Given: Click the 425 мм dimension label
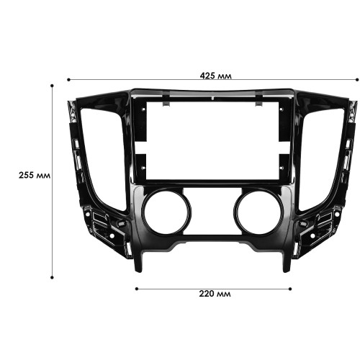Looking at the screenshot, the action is pyautogui.click(x=216, y=76).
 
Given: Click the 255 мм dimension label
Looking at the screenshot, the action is pyautogui.click(x=35, y=176).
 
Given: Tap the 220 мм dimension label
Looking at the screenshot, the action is pyautogui.click(x=215, y=294).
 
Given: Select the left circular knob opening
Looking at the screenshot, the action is pyautogui.click(x=166, y=212).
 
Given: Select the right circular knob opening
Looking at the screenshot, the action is pyautogui.click(x=258, y=212).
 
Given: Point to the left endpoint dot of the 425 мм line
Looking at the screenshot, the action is pyautogui.click(x=68, y=80).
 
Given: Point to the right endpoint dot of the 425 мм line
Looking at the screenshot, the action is pyautogui.click(x=357, y=80).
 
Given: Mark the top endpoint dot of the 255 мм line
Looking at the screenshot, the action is pyautogui.click(x=52, y=86).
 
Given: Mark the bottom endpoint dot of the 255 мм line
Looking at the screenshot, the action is pyautogui.click(x=52, y=277).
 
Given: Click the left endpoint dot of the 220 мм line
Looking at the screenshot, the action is pyautogui.click(x=137, y=289).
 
